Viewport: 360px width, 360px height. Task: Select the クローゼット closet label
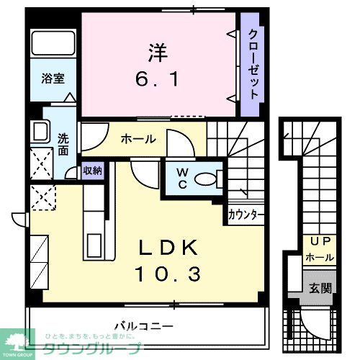click(253, 66)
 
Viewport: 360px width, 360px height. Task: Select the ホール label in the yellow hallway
click(138, 138)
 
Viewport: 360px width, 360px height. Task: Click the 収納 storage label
click(92, 171)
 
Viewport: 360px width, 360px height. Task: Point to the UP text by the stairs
click(319, 242)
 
